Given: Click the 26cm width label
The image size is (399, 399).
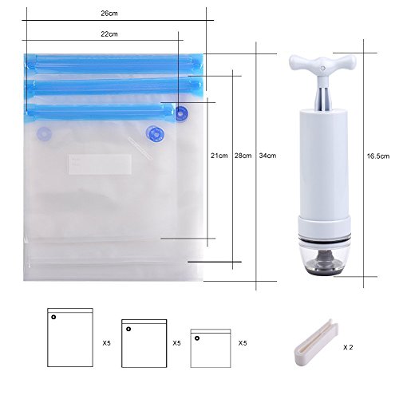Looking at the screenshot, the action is [109, 14].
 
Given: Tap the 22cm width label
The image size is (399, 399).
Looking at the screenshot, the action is [109, 34].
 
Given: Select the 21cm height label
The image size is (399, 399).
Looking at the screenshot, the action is [219, 156].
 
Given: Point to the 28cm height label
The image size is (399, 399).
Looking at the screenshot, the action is [243, 156].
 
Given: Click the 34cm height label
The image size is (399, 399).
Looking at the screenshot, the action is [267, 156].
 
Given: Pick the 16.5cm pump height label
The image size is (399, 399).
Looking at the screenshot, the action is [378, 156].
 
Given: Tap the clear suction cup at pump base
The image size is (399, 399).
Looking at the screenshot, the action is [324, 259].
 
